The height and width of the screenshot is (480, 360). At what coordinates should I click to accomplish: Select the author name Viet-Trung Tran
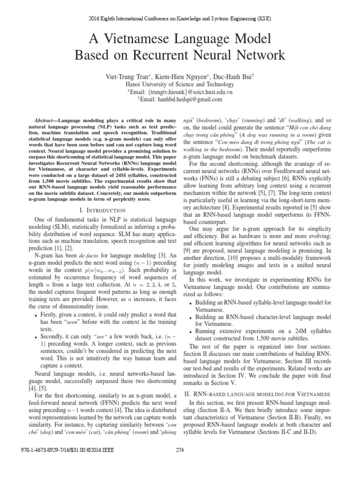(122, 76)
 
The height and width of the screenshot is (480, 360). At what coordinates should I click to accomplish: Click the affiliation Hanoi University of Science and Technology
(180, 84)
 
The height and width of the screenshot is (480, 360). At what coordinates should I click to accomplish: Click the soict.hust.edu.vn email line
(180, 92)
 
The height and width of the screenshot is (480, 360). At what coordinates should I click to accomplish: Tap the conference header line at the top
(180, 19)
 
